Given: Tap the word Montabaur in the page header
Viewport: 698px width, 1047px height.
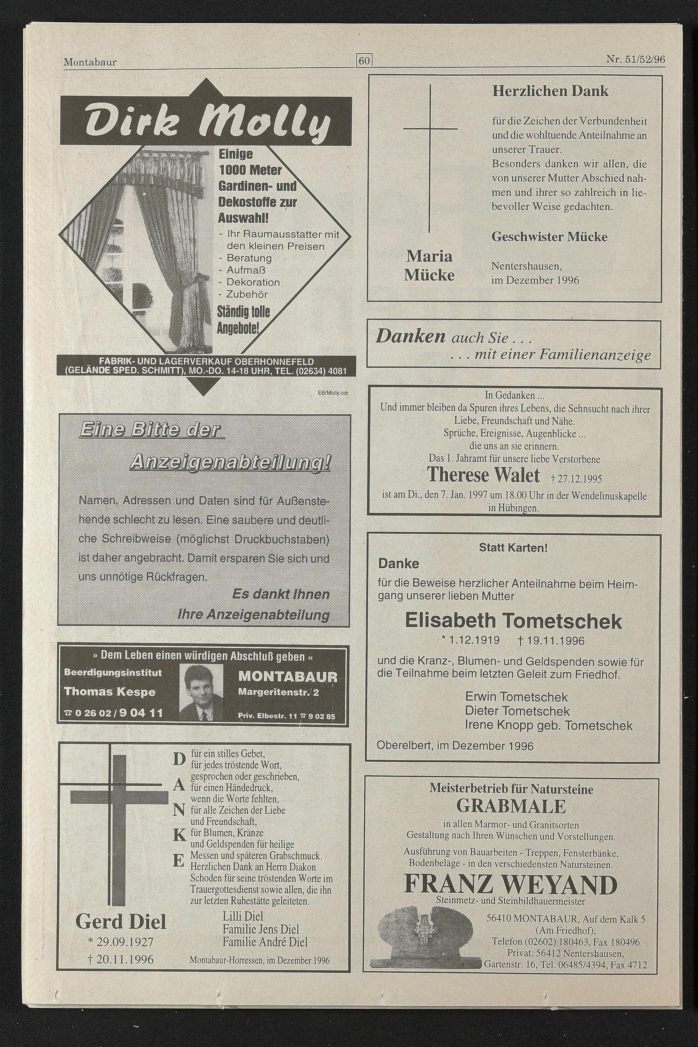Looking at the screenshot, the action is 90,62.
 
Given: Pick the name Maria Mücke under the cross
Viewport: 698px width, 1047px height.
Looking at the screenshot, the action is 429,266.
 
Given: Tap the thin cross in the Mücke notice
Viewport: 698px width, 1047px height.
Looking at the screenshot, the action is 430,158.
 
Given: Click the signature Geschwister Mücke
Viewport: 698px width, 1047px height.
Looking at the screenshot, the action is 549,237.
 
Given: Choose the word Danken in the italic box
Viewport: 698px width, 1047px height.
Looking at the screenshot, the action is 410,337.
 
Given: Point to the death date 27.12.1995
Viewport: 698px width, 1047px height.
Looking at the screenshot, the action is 576,479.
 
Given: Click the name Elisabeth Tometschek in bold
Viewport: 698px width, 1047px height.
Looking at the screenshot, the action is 513,621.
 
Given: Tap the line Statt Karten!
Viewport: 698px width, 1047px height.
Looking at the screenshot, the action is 513,548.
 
